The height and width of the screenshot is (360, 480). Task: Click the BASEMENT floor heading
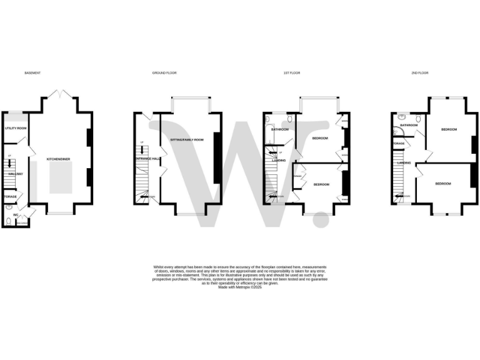click(32, 73)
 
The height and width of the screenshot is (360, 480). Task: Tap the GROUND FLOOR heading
click(164, 73)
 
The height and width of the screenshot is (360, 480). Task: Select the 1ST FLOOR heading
click(292, 73)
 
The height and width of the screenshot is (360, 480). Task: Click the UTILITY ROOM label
click(16, 128)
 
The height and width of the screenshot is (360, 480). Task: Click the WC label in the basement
click(16, 214)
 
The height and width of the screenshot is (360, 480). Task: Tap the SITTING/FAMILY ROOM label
click(188, 139)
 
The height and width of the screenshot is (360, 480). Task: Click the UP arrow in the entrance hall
click(142, 148)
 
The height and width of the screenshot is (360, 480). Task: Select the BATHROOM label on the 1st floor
click(279, 129)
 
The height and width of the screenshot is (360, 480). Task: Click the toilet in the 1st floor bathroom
click(291, 119)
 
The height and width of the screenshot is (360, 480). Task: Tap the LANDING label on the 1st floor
click(279, 161)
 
